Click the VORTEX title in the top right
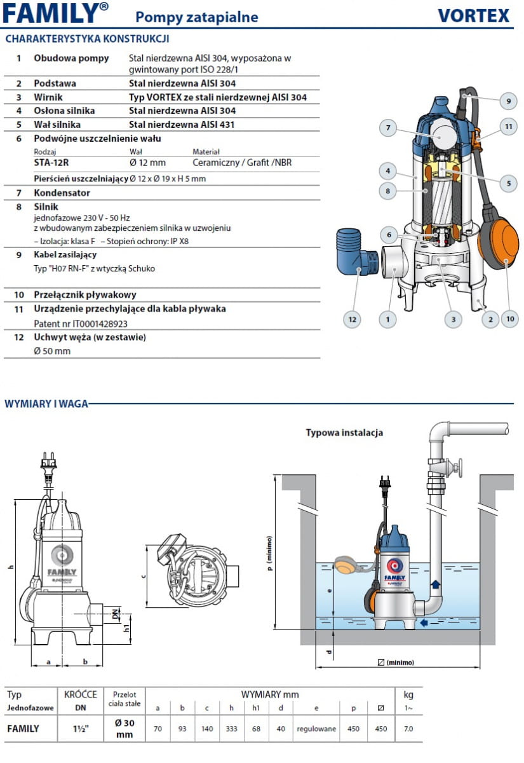(473, 15)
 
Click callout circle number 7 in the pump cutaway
(388, 128)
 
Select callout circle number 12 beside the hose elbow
(352, 319)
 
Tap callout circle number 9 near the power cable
(508, 100)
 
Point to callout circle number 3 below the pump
(453, 319)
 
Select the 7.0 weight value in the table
(408, 729)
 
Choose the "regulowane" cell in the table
(316, 729)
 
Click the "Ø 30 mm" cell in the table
(124, 729)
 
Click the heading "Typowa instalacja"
(344, 433)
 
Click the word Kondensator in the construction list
(62, 193)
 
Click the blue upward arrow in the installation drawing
(436, 583)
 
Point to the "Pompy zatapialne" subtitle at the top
(197, 17)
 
